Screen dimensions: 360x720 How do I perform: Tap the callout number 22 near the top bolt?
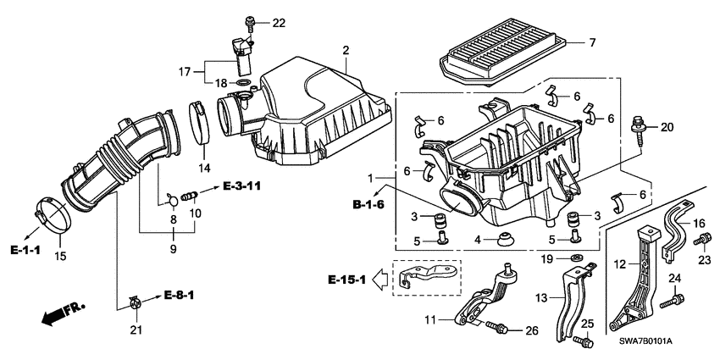coord(279,21)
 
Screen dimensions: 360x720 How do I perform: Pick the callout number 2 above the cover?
coord(345,51)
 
